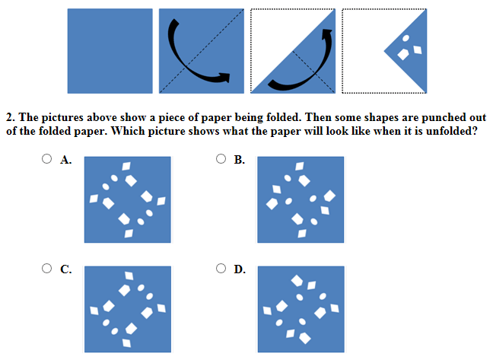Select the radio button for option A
point(47,159)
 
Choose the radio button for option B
point(221,159)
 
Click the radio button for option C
point(47,268)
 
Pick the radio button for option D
point(221,268)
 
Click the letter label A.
point(66,160)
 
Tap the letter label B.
point(240,160)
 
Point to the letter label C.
point(66,269)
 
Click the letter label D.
point(240,269)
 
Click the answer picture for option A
point(127,200)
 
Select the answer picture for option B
point(301,200)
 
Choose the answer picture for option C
point(127,309)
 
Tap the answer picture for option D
point(301,309)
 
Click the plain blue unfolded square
point(110,51)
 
